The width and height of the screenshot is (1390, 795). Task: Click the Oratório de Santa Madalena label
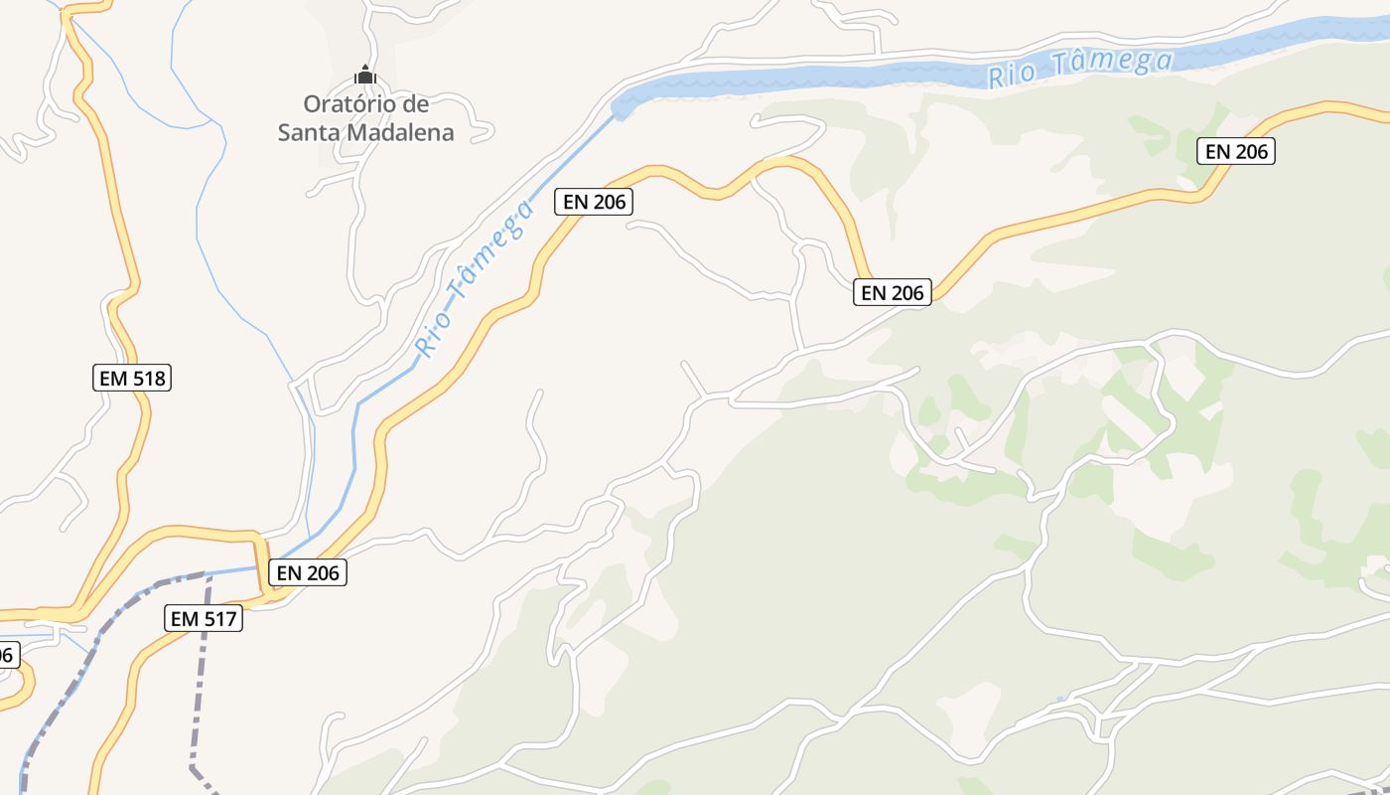365,117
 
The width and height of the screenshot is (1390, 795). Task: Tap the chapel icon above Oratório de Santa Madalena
365,75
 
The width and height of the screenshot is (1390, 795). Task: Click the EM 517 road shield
203,618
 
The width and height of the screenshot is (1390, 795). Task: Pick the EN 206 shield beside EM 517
308,572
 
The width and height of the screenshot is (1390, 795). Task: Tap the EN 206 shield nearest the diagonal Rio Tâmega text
593,201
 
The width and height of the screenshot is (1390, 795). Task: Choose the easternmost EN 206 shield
1235,151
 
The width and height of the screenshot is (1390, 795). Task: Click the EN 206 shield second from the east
893,292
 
